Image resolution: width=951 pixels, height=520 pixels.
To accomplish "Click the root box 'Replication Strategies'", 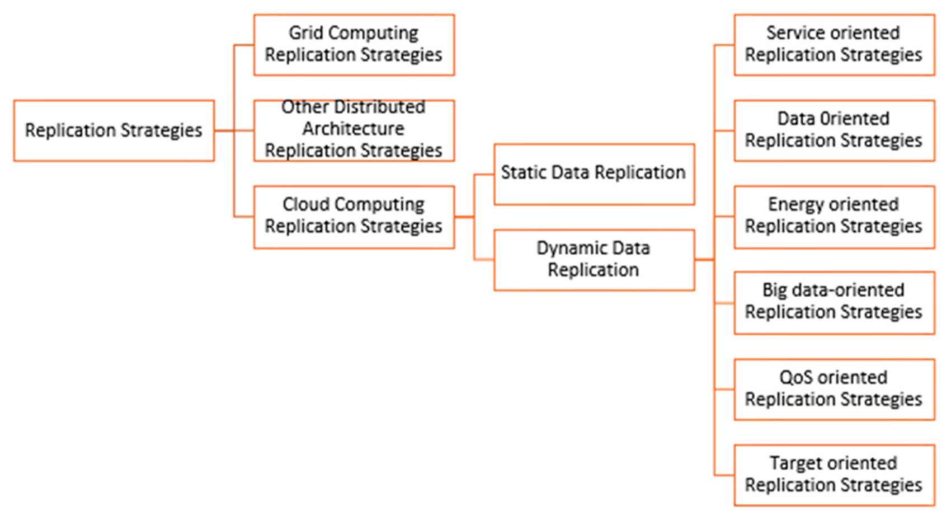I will point(114,130).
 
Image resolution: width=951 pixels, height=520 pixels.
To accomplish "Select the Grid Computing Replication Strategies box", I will point(354,45).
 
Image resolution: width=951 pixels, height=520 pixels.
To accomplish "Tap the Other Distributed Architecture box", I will point(354,130).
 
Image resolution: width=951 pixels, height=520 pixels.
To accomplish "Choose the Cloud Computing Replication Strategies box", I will point(354,217).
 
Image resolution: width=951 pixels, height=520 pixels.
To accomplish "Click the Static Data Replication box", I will point(594,174).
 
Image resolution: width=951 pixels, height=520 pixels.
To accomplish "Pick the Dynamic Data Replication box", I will point(594,260).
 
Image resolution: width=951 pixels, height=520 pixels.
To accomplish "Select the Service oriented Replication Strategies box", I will point(834,45).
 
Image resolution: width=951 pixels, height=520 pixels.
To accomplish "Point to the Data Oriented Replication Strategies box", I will point(834,130).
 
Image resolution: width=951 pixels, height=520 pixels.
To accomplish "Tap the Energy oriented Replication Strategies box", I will point(834,217).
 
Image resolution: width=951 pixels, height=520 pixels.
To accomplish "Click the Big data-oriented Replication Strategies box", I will point(834,302).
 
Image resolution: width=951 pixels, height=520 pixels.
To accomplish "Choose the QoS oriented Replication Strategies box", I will point(834,389).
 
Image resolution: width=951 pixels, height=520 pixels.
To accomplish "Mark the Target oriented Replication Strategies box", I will point(834,475).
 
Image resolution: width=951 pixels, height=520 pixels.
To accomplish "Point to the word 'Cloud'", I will point(305,204).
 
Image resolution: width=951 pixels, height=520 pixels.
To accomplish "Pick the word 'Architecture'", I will point(353,129).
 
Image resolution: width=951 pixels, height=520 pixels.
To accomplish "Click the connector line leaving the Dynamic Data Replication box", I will point(704,260).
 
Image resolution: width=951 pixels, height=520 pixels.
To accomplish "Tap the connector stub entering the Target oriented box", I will point(724,475).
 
